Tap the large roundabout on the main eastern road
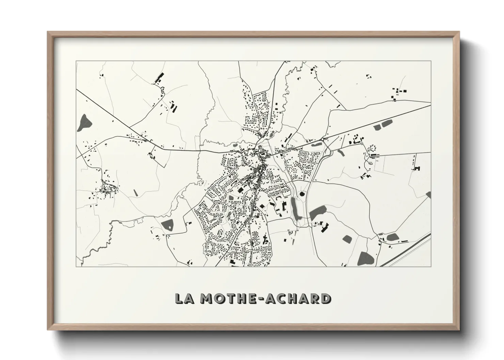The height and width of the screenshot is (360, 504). click(x=322, y=139)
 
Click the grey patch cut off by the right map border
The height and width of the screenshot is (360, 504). click(x=428, y=195)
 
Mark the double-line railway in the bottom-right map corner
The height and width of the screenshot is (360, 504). click(x=405, y=250)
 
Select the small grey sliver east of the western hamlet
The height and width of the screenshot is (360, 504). click(x=136, y=192)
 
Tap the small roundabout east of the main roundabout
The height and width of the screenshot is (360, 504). click(x=362, y=144)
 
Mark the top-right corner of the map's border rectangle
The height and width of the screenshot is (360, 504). click(x=431, y=61)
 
